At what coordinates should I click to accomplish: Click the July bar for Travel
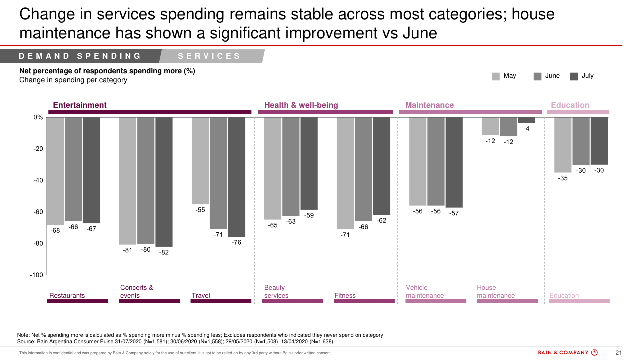[236, 177]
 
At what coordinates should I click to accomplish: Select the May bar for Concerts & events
[128, 181]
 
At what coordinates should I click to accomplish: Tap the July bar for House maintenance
[526, 120]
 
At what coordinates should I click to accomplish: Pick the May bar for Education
[563, 145]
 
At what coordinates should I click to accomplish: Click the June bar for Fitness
[363, 169]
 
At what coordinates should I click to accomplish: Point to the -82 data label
[164, 252]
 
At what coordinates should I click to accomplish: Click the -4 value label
[526, 129]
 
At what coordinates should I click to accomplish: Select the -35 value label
[563, 178]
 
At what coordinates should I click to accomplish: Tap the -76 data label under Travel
[236, 242]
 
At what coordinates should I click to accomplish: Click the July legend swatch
[574, 76]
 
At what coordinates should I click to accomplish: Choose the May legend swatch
[496, 76]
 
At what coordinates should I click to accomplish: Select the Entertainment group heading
[80, 105]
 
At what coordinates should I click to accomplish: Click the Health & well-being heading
[301, 105]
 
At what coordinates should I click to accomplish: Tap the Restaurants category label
[67, 295]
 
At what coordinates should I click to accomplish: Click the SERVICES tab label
[209, 56]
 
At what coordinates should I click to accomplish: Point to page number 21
[618, 353]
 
